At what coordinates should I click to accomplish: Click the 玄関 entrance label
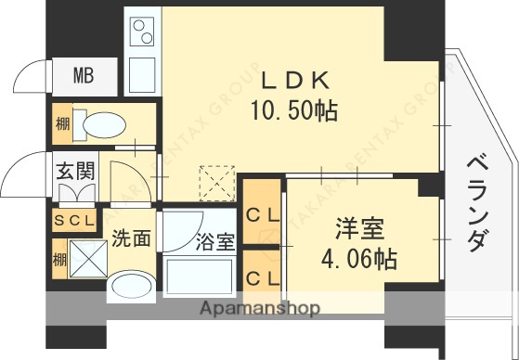(x=73, y=171)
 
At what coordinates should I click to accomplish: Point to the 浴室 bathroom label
(x=214, y=243)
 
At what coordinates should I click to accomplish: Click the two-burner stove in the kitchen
(x=143, y=34)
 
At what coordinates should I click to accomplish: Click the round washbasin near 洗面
(x=128, y=286)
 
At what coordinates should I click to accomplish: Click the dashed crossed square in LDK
(x=219, y=182)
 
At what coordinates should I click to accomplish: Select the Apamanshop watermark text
(x=258, y=308)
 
